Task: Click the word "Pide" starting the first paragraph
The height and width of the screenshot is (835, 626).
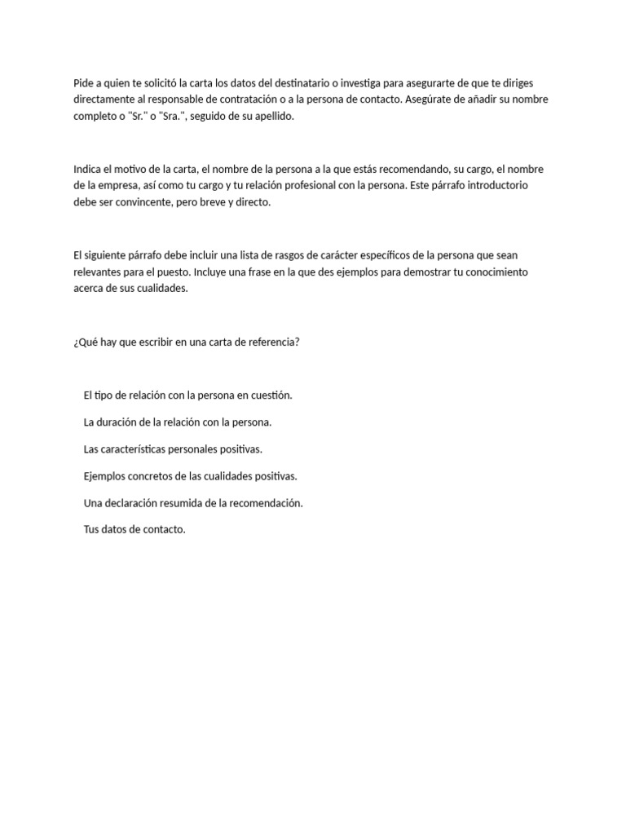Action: [83, 83]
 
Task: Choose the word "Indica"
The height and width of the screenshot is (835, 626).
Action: [88, 170]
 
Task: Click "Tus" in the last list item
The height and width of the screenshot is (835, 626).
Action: [91, 530]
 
